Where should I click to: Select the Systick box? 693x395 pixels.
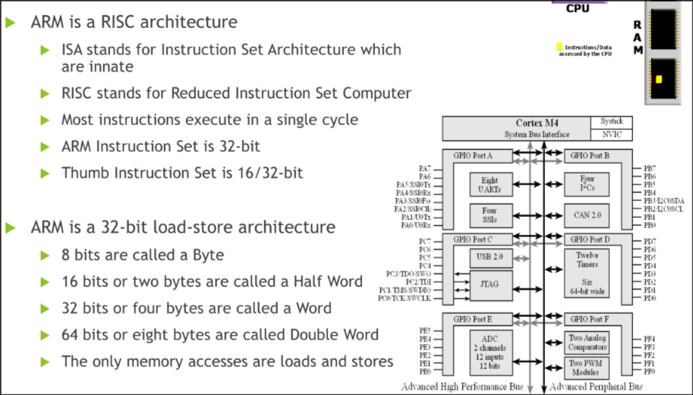611,121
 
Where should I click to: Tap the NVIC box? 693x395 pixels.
611,135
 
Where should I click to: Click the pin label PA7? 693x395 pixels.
425,168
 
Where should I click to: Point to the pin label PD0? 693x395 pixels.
649,298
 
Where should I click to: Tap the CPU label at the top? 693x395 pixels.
578,9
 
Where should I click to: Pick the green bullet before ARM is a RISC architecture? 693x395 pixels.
11,22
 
